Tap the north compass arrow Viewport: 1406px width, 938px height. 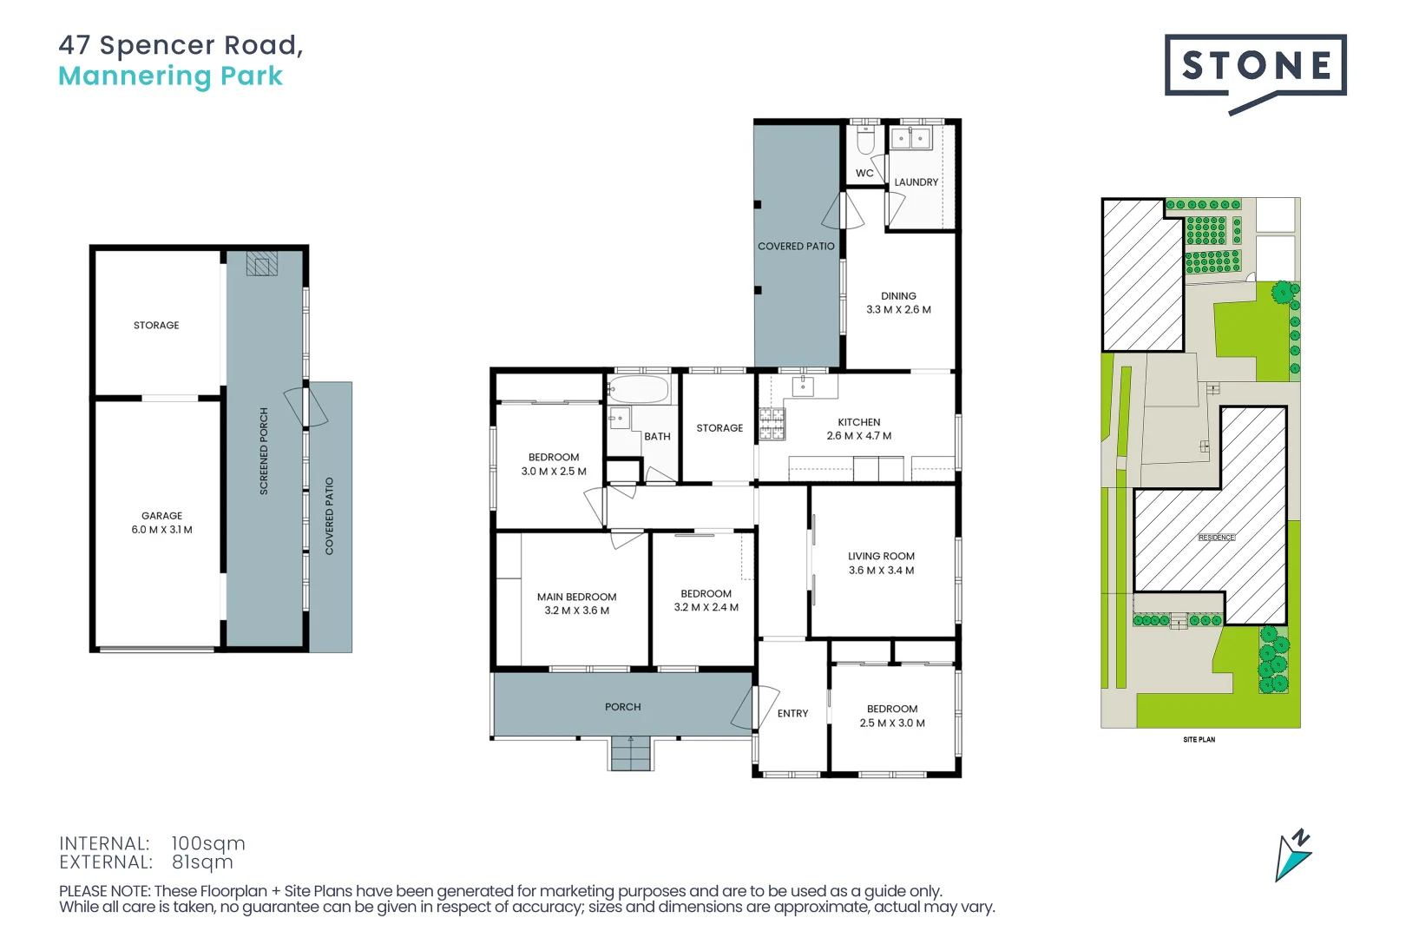1292,856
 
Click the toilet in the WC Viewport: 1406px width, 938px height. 865,141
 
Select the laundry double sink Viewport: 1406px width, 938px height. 910,138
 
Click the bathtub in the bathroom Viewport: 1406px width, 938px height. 639,389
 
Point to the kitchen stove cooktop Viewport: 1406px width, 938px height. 772,424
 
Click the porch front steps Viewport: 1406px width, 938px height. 631,753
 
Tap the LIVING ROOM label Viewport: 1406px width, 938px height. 881,556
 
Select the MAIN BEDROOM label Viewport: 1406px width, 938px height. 576,597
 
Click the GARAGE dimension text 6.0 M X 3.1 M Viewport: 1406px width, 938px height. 162,530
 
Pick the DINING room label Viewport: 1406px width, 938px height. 898,296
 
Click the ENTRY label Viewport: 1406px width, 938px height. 792,713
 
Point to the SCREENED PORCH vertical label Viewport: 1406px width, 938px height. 264,452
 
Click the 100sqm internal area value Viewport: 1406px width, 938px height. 208,843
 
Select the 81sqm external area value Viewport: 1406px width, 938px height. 202,862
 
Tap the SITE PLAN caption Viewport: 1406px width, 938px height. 1199,740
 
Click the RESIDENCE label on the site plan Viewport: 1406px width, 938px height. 1216,538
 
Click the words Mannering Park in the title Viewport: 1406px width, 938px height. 170,76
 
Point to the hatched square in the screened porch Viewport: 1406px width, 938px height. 261,264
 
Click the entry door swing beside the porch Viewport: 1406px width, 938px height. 745,709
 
